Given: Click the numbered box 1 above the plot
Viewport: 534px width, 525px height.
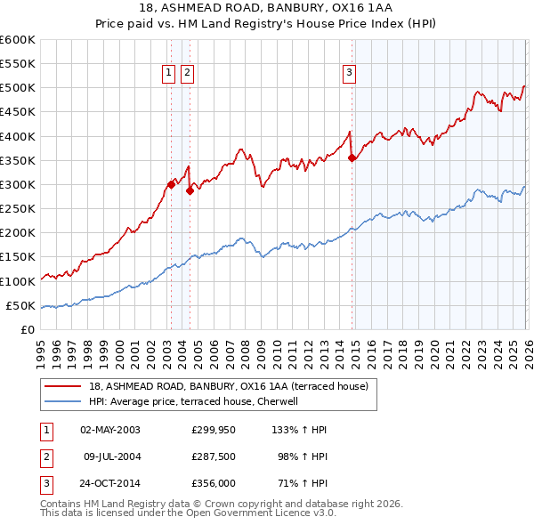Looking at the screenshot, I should click(x=168, y=74).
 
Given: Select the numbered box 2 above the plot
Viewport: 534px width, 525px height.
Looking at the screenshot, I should click(x=188, y=74).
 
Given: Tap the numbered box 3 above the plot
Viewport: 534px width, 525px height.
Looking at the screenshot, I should click(x=350, y=74).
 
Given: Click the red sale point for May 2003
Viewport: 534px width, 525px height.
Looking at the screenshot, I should click(x=171, y=185).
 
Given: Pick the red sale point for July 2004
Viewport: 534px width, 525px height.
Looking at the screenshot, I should click(x=190, y=190).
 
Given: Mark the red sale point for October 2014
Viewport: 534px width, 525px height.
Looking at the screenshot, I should click(x=352, y=157).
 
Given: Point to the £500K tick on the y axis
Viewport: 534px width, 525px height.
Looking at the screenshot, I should click(x=18, y=88).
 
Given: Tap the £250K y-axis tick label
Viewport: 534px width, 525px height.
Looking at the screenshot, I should click(x=18, y=209).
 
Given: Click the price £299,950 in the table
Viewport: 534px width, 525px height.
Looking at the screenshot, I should click(x=214, y=430).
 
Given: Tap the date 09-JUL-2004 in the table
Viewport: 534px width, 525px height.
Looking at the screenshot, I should click(x=112, y=457).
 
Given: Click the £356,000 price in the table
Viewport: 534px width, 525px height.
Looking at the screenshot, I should click(x=214, y=485).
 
